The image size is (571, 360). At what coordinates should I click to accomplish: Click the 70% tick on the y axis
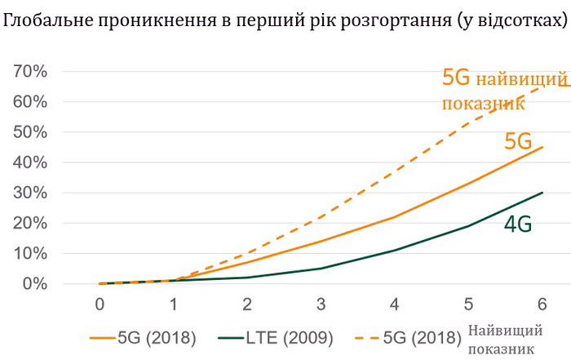pos(30,72)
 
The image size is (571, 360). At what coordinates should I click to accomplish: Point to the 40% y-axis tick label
pos(30,162)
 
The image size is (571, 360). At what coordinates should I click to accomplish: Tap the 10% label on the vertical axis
pos(30,253)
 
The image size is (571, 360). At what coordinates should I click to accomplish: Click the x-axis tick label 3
pos(321,304)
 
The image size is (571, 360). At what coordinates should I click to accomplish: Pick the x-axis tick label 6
pos(542,304)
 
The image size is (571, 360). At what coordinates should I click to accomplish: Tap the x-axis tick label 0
pos(100,304)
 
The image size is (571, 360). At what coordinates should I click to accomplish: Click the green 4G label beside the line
pos(516,224)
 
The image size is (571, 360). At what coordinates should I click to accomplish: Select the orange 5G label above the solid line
pos(518,140)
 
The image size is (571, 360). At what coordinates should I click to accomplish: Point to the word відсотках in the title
pos(513,19)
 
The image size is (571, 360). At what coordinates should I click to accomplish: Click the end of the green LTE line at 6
pos(542,193)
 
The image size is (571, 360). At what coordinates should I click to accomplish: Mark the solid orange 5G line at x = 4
pos(395,217)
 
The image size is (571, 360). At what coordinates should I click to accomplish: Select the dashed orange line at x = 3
pos(321,217)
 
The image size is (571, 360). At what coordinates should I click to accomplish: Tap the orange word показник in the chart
pos(480,104)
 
